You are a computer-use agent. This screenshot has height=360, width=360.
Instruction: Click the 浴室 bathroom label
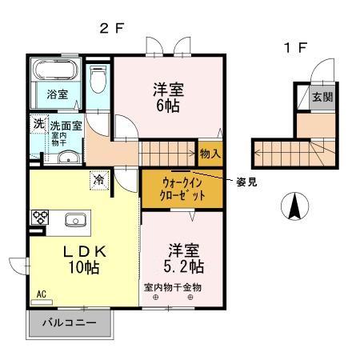click(56, 94)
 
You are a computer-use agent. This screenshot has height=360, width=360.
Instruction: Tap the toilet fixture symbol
click(98, 80)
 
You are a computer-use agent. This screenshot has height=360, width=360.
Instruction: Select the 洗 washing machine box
click(38, 125)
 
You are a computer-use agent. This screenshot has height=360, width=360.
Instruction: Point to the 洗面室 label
click(66, 126)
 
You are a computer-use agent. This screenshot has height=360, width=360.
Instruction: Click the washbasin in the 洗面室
click(66, 157)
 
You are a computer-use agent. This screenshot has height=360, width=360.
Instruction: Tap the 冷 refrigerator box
click(98, 179)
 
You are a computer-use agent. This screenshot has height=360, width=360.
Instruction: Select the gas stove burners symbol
click(40, 217)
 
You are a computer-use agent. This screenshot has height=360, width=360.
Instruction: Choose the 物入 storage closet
click(210, 153)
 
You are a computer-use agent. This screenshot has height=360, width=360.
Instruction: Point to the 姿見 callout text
click(246, 182)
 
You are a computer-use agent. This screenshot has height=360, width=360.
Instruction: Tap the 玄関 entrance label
click(320, 98)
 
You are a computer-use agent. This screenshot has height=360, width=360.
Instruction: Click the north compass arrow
click(294, 207)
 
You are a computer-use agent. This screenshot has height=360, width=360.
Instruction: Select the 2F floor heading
click(112, 27)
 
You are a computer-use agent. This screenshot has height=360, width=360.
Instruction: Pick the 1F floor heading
click(294, 47)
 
